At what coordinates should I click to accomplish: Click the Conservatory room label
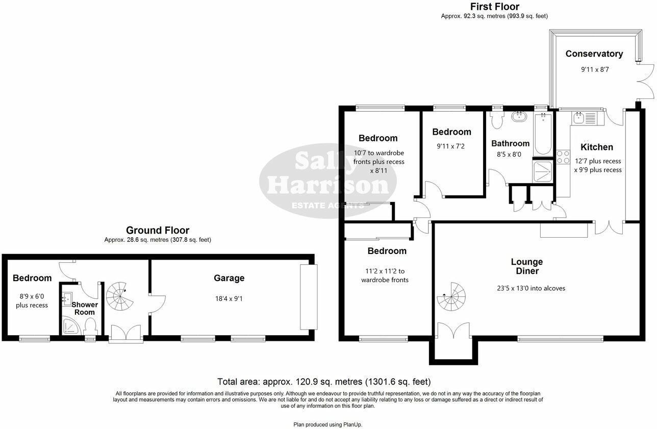594,54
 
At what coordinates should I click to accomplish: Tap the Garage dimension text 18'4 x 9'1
229,299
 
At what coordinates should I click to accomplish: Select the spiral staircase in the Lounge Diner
451,297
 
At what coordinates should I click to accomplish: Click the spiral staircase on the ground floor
120,296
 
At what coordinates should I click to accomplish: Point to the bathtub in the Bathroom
543,134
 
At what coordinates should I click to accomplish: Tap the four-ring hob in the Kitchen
563,157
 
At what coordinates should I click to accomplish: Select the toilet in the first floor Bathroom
497,120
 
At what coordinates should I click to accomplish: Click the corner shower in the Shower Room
71,326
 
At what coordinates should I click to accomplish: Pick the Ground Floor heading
158,230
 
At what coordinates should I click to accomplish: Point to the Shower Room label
85,309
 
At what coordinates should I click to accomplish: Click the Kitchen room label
597,147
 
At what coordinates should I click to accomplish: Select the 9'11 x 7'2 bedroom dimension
450,146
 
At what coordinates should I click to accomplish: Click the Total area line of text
324,382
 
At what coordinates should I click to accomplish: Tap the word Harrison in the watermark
328,185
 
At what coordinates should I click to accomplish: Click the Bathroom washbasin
519,116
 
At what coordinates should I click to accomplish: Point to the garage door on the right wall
309,297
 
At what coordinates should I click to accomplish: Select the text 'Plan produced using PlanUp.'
328,424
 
